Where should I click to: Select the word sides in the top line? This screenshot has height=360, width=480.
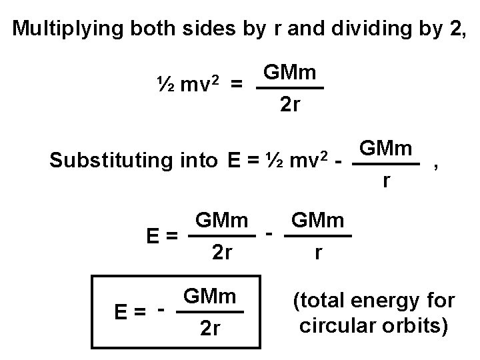click(x=223, y=29)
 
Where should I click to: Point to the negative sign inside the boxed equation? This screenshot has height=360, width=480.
click(x=160, y=309)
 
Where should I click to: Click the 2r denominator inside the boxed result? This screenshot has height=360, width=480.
click(x=211, y=329)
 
